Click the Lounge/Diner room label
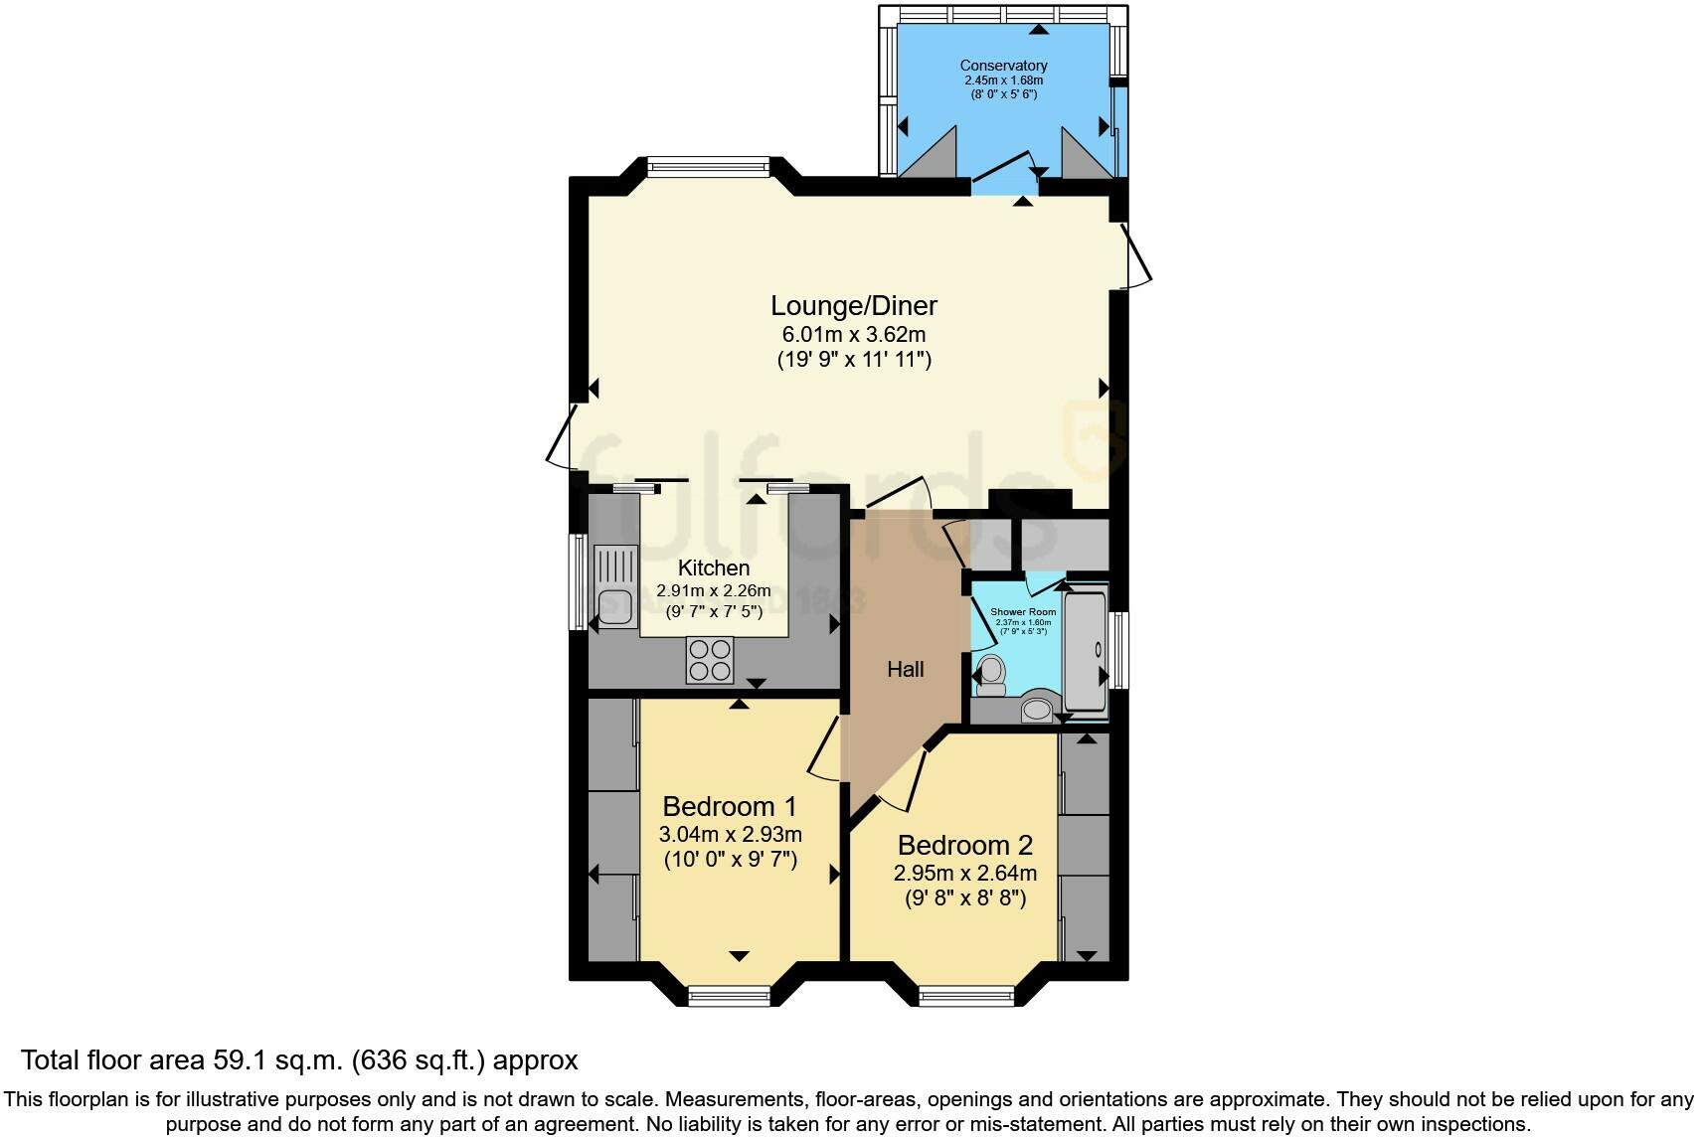point(853,306)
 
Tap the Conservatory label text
point(1003,66)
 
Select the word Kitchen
point(713,568)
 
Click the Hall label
point(905,670)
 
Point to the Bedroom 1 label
point(729,806)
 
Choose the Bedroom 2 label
point(964,846)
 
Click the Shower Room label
point(1022,612)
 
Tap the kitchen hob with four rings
point(709,659)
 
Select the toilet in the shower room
point(990,675)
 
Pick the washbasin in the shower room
point(1036,710)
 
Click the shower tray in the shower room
point(1085,651)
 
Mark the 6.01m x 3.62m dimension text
point(853,334)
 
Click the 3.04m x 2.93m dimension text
point(730,834)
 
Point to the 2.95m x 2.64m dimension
point(964,874)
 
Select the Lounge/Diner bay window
point(707,165)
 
